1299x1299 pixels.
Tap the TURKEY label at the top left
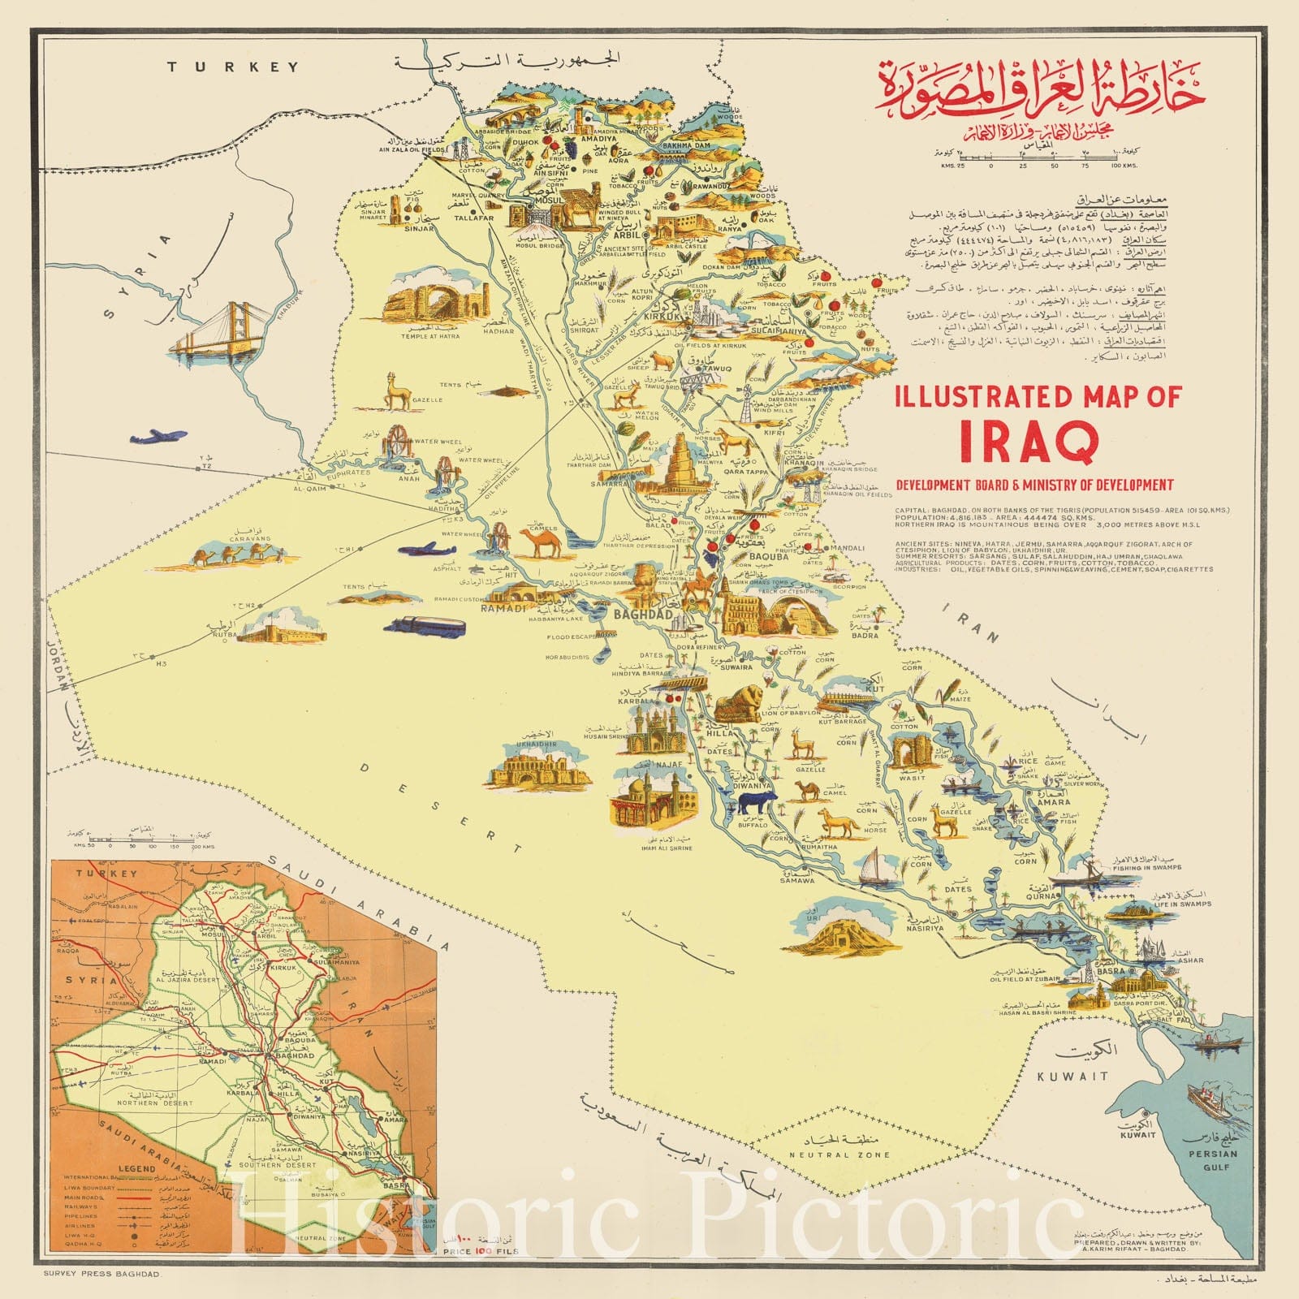pyautogui.click(x=233, y=67)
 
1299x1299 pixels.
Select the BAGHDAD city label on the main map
pyautogui.click(x=642, y=615)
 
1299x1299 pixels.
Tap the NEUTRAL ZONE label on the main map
pyautogui.click(x=839, y=1154)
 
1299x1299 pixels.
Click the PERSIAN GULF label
pyautogui.click(x=1213, y=1159)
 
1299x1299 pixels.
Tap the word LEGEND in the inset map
pyautogui.click(x=136, y=1168)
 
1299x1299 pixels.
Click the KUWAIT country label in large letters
pyautogui.click(x=1072, y=1076)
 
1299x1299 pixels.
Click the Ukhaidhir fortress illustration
pyautogui.click(x=539, y=767)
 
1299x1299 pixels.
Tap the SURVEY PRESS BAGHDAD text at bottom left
pyautogui.click(x=103, y=1275)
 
